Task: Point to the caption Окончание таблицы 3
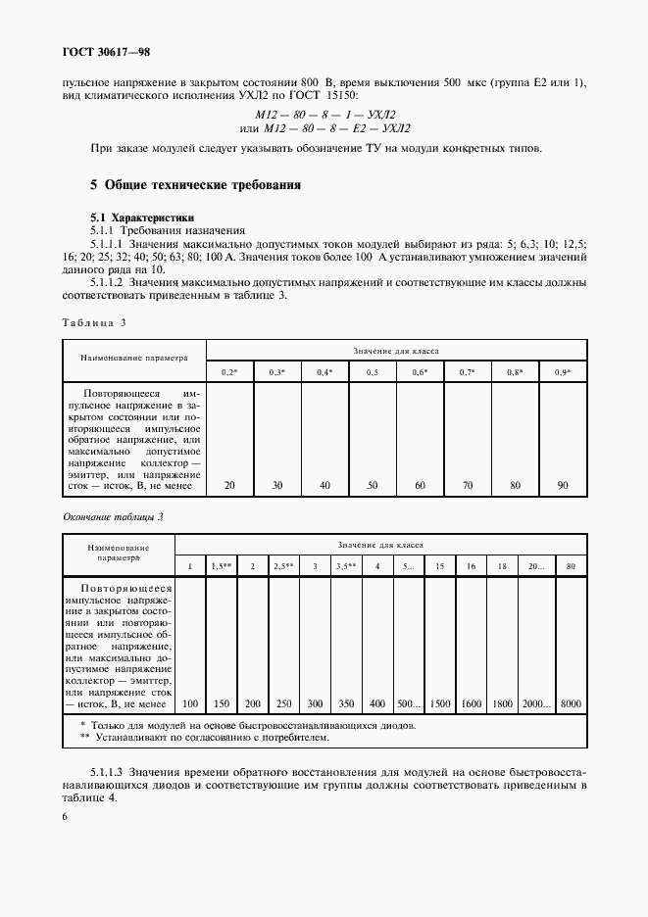tap(113, 516)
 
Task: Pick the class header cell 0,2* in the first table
tap(229, 373)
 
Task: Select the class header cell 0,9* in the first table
tap(563, 373)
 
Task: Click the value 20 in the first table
tap(229, 486)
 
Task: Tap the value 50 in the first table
tap(373, 486)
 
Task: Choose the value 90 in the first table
tap(563, 486)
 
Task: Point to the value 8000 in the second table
tap(570, 703)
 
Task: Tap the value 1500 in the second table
tap(441, 703)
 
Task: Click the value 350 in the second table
tap(345, 703)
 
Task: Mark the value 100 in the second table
tap(189, 703)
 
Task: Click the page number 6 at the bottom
tap(65, 815)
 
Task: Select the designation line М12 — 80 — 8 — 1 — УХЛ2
tap(324, 115)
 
